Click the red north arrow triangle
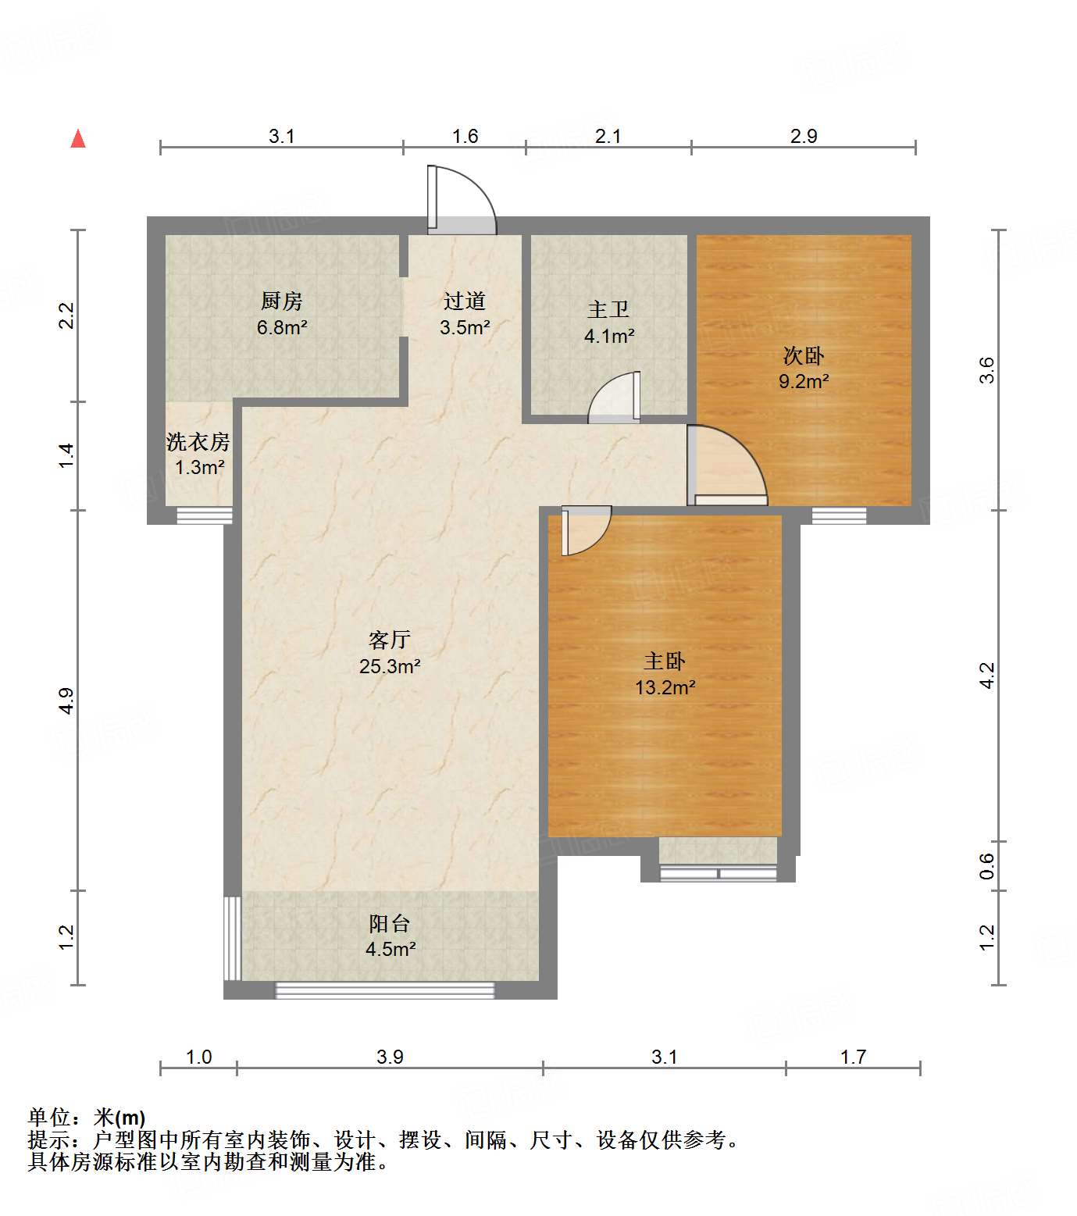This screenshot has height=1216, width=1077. (78, 139)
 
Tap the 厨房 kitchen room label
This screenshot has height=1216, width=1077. (281, 301)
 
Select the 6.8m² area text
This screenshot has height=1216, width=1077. (281, 327)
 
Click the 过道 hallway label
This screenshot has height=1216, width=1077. (465, 301)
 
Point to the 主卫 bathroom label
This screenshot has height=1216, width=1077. (608, 310)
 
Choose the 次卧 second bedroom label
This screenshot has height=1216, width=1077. (803, 356)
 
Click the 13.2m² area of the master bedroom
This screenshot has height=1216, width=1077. (665, 687)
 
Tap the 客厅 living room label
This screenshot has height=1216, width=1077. (390, 640)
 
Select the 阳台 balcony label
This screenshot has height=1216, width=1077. (390, 924)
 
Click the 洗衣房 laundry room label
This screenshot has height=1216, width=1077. (198, 442)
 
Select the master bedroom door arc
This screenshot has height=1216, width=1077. (584, 530)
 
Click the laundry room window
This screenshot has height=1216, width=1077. (204, 515)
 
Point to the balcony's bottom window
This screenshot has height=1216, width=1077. (385, 990)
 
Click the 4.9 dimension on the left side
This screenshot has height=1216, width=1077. (67, 700)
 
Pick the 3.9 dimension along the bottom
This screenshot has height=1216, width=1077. (390, 1057)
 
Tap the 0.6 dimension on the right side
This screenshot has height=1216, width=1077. (987, 865)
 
